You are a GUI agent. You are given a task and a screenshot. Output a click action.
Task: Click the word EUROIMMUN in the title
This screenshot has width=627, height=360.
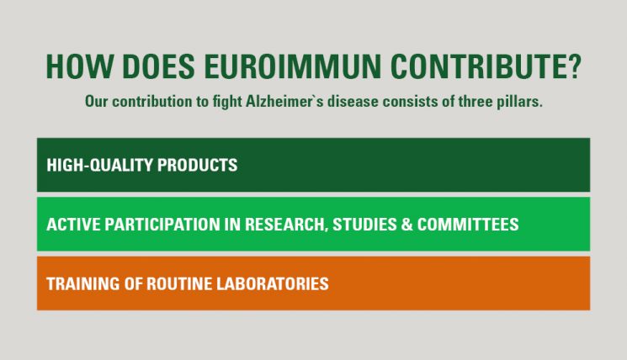[x=293, y=66]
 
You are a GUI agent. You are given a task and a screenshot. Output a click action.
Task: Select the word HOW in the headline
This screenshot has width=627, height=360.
[x=79, y=66]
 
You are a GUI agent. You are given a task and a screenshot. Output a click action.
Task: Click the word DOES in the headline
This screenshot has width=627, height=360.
[x=158, y=66]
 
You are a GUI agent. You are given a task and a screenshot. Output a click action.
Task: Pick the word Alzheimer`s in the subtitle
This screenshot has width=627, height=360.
[x=284, y=102]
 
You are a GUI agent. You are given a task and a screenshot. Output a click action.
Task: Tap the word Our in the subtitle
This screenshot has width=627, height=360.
[x=97, y=102]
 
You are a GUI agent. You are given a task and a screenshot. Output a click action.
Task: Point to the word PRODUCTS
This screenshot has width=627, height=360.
[x=198, y=165]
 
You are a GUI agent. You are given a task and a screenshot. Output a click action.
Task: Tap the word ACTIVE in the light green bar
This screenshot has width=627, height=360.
[x=73, y=225]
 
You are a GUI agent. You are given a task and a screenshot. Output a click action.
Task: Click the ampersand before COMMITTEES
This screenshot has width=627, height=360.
[x=406, y=225]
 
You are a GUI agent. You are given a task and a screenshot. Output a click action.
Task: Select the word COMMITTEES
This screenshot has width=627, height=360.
[x=468, y=225]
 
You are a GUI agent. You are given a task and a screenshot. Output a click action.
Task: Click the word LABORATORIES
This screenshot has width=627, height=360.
[x=273, y=283]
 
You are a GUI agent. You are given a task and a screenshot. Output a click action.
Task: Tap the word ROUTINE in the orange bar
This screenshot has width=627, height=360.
[x=179, y=283]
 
